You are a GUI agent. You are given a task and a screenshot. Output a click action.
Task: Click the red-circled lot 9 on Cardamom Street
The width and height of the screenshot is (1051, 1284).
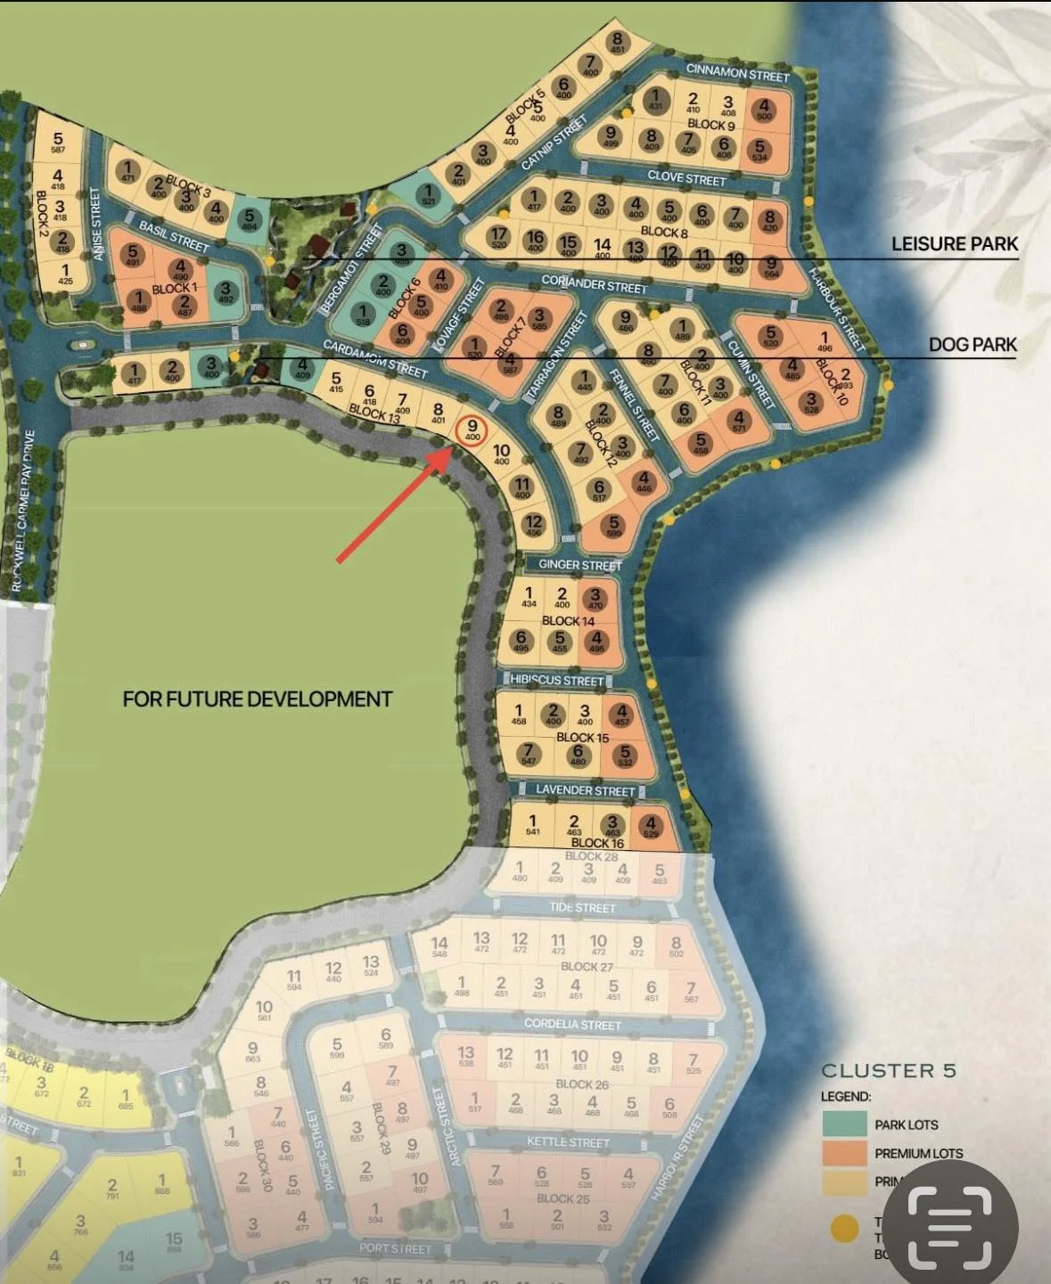(472, 430)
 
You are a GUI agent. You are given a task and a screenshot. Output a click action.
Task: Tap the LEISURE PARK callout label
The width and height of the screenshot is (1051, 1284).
(954, 244)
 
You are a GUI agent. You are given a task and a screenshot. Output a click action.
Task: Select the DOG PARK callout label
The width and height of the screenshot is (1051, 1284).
(972, 345)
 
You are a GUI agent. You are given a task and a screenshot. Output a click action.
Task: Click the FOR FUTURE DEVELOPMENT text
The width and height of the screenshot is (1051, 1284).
(257, 699)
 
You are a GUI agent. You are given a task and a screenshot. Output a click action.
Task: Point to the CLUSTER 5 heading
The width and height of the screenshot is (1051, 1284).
(888, 1071)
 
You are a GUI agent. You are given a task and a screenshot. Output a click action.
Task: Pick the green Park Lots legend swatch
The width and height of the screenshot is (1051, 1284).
(843, 1125)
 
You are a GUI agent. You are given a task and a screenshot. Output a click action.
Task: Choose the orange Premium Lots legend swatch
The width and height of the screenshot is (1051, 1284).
(843, 1153)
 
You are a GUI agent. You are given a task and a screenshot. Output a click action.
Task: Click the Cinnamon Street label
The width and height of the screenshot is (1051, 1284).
(737, 74)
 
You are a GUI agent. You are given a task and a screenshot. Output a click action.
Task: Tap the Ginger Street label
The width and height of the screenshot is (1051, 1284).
(579, 565)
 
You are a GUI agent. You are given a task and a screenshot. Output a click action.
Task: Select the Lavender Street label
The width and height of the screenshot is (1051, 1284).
(585, 790)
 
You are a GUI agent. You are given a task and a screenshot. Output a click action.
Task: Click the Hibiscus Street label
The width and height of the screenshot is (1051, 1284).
(557, 681)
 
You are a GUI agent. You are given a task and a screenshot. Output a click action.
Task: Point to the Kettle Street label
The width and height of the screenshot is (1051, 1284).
(568, 1142)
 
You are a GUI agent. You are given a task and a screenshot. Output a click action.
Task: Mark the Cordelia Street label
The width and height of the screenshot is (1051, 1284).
(571, 1024)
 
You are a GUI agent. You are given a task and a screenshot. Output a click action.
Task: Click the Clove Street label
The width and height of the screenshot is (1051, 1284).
(686, 177)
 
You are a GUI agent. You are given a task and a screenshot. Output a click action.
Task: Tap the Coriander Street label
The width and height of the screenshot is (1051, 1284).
(594, 284)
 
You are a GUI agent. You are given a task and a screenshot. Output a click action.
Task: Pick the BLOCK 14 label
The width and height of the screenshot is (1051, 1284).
(568, 621)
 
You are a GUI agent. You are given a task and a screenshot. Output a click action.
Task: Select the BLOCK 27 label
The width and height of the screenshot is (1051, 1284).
(587, 967)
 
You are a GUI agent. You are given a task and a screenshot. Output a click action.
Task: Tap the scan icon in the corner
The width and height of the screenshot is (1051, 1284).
(949, 1227)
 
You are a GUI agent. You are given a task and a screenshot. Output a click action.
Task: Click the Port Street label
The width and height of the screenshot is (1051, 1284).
(394, 1248)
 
